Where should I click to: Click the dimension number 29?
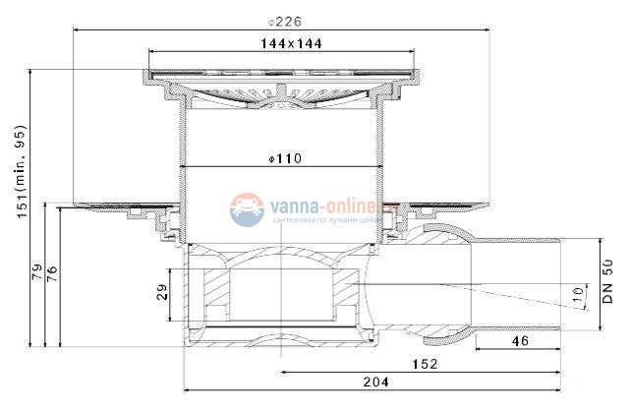tap(163, 291)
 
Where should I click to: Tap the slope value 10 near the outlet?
tap(577, 293)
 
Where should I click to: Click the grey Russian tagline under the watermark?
tap(322, 221)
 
